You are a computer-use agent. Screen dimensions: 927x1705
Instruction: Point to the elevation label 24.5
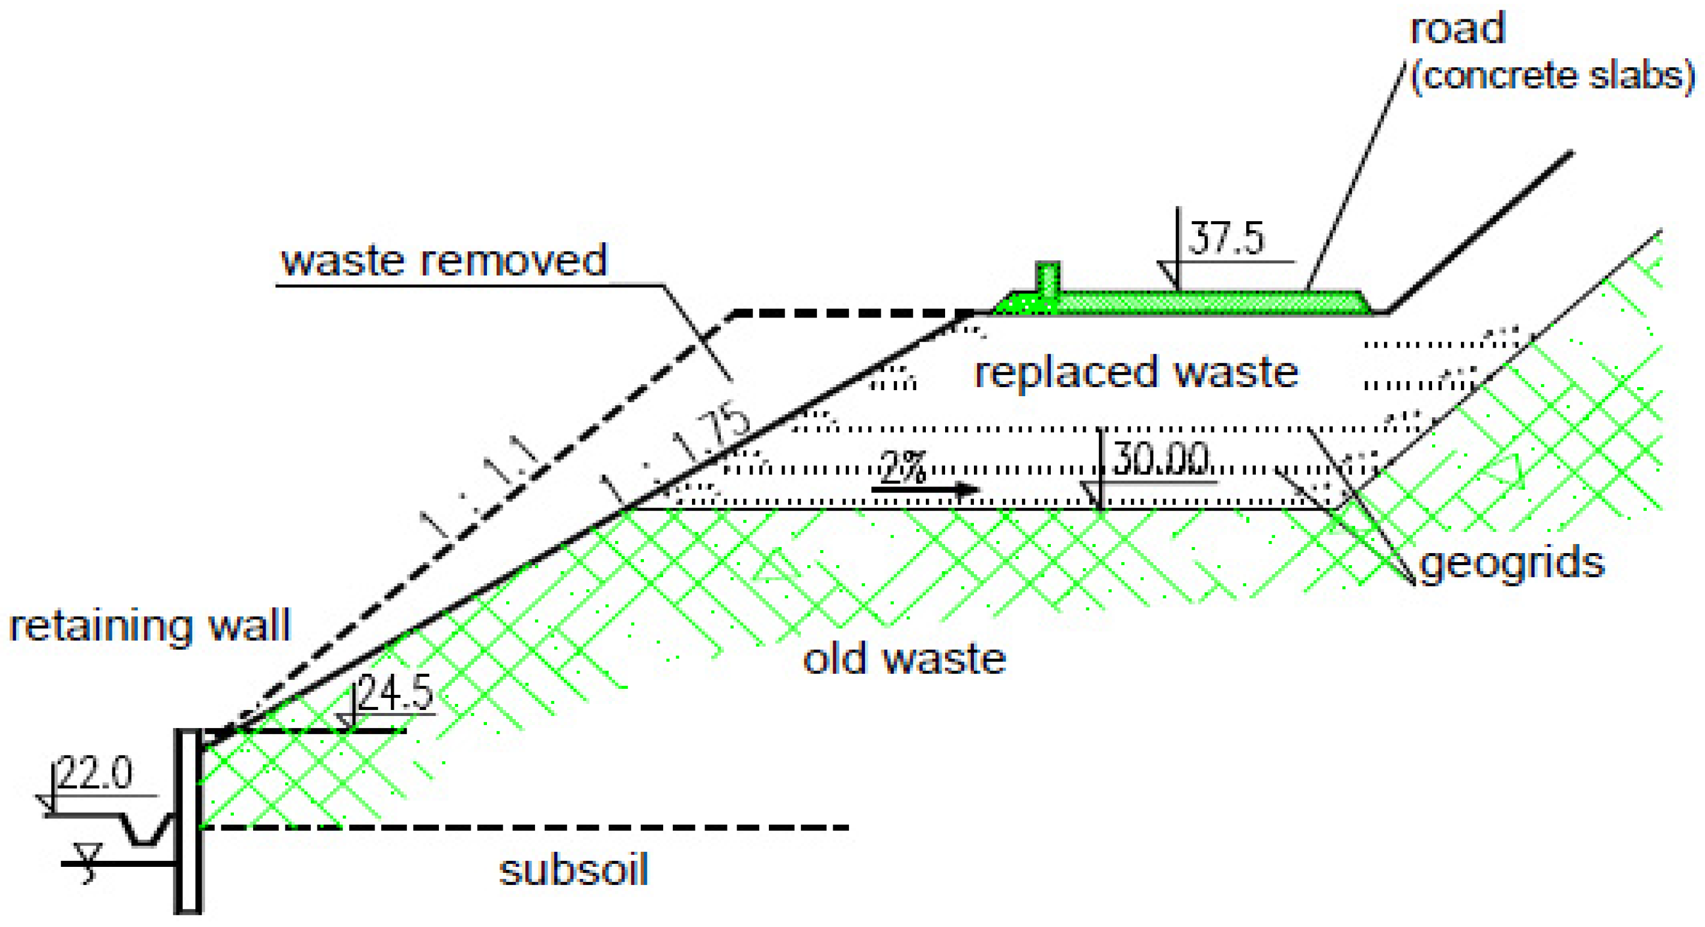tap(396, 693)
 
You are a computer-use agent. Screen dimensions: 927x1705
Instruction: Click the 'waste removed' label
tap(444, 260)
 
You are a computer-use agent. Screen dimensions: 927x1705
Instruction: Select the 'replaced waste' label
tap(1136, 373)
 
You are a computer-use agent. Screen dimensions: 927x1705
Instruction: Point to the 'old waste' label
tap(904, 659)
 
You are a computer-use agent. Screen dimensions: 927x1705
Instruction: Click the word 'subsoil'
tap(573, 870)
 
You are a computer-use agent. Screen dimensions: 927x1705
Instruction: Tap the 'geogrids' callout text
tap(1513, 564)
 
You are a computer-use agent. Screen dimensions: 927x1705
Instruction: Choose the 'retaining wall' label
tap(150, 626)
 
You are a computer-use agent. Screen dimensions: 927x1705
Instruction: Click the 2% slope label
tap(903, 467)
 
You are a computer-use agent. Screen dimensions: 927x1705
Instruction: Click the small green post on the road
tap(1048, 278)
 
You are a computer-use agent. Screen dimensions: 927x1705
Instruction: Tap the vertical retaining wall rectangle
tap(189, 821)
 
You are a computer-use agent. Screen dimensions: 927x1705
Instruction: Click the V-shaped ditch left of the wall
tap(146, 831)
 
